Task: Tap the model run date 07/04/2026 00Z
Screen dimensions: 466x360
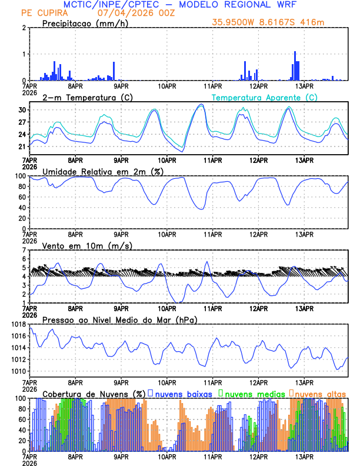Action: pos(129,13)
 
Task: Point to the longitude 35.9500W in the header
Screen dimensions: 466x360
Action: pos(237,22)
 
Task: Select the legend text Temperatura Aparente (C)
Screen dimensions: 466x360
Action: pos(265,97)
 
